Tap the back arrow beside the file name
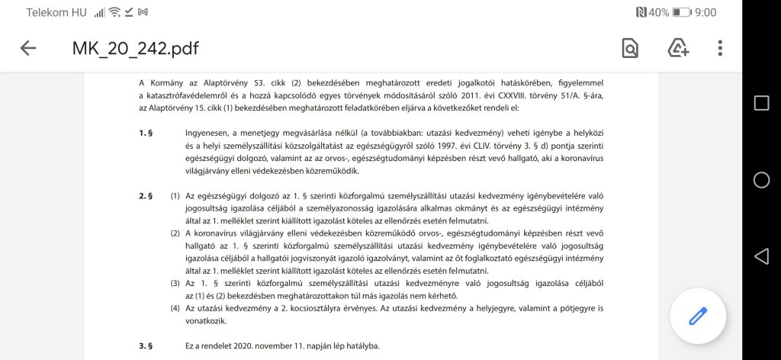click(x=28, y=48)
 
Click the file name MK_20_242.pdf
click(x=135, y=49)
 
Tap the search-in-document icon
click(x=630, y=49)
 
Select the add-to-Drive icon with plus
click(x=678, y=49)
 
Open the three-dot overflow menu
click(x=720, y=49)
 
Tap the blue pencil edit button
click(x=698, y=316)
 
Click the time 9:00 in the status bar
click(x=705, y=12)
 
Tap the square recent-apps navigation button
click(x=761, y=103)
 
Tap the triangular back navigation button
click(x=761, y=256)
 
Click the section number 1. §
click(x=146, y=132)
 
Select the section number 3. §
click(x=146, y=346)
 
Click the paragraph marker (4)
click(x=175, y=308)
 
